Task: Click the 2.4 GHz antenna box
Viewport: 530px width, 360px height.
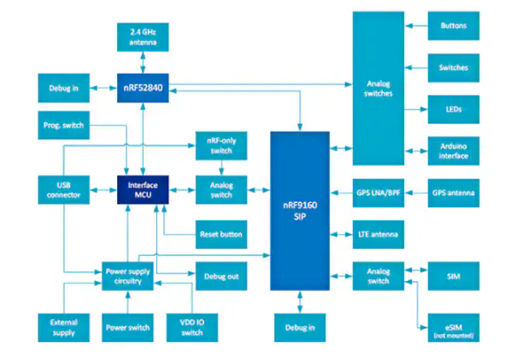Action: [142, 37]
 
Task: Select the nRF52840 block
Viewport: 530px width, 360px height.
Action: [142, 88]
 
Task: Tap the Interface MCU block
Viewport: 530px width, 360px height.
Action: [142, 190]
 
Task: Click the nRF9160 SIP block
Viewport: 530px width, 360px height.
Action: [300, 211]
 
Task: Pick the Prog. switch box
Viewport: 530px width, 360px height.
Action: [63, 125]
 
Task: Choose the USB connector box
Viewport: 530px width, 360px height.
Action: [63, 190]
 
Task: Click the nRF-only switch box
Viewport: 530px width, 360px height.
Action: [221, 146]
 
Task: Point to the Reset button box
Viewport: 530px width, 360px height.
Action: [221, 234]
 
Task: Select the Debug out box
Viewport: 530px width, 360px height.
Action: [221, 276]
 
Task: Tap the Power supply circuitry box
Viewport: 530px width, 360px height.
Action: [128, 276]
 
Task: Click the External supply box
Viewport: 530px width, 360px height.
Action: [63, 328]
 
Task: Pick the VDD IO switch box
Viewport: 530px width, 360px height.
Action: [192, 328]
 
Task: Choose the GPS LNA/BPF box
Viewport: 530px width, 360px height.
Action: [378, 193]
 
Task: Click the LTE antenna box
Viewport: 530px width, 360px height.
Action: [378, 234]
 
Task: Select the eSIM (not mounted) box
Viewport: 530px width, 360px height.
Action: [454, 328]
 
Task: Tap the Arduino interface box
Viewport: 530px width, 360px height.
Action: [454, 151]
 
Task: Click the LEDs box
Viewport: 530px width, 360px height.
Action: [454, 109]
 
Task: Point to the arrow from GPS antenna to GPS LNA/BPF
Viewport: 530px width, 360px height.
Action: [416, 193]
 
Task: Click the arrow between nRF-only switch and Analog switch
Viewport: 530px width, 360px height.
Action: [221, 167]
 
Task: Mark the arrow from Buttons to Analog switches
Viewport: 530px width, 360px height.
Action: [416, 26]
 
